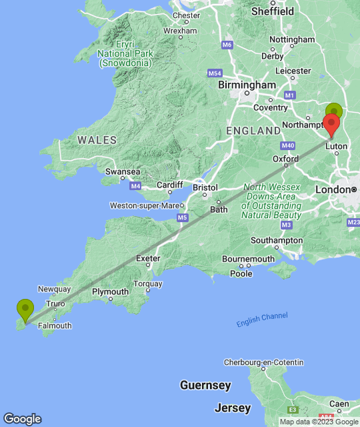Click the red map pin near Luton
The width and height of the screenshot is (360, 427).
[331, 124]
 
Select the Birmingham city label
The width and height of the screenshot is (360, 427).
[247, 85]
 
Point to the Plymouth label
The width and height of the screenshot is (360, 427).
[110, 292]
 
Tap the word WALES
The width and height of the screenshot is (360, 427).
[97, 140]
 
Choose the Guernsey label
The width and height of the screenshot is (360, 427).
[205, 386]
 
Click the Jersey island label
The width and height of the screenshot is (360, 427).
[233, 408]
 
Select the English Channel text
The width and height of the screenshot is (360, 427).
[262, 320]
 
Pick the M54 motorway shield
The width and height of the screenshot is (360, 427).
[215, 73]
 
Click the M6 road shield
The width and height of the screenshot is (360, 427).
[227, 45]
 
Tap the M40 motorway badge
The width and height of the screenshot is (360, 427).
[288, 145]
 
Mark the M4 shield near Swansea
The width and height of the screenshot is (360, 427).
[136, 185]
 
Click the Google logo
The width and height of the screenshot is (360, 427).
[21, 418]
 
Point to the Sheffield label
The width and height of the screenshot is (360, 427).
[272, 11]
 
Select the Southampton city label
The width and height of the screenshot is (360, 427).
[277, 240]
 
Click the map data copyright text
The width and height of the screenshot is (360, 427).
[319, 422]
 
